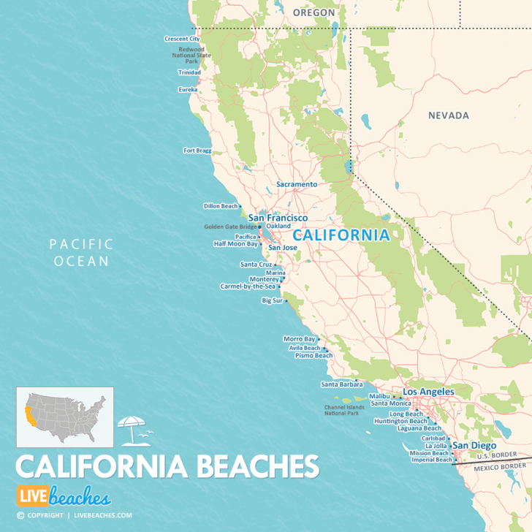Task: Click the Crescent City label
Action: pyautogui.click(x=182, y=39)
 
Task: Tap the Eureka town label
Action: pyautogui.click(x=188, y=90)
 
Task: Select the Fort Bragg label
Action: pyautogui.click(x=197, y=151)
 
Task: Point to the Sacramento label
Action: pyautogui.click(x=297, y=185)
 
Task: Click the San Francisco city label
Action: pyautogui.click(x=278, y=218)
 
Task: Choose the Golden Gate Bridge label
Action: pyautogui.click(x=230, y=227)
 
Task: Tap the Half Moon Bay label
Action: pyautogui.click(x=235, y=244)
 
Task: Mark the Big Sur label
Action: pyautogui.click(x=272, y=300)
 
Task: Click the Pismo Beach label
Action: pyautogui.click(x=313, y=356)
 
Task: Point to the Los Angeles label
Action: pyautogui.click(x=428, y=392)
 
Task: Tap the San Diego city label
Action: pyautogui.click(x=474, y=445)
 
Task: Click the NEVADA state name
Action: pyautogui.click(x=449, y=115)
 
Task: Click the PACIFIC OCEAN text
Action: pyautogui.click(x=81, y=252)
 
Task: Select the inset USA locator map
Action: pyautogui.click(x=65, y=417)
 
